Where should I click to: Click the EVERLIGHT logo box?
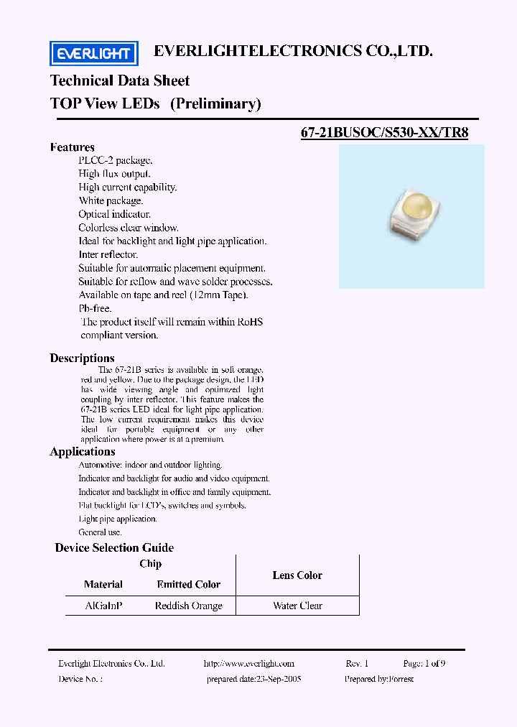pyautogui.click(x=93, y=53)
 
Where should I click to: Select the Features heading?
pyautogui.click(x=72, y=147)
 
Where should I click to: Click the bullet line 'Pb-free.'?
pyautogui.click(x=95, y=308)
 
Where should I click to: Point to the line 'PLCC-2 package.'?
pyautogui.click(x=115, y=160)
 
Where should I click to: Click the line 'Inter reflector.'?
pyautogui.click(x=108, y=254)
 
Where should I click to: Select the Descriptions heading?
pyautogui.click(x=82, y=358)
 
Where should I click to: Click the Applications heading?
pyautogui.click(x=82, y=451)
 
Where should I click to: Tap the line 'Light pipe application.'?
pyautogui.click(x=118, y=519)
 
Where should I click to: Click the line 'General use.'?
pyautogui.click(x=100, y=532)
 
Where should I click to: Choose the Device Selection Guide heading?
pyautogui.click(x=114, y=547)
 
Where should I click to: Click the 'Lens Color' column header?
pyautogui.click(x=297, y=575)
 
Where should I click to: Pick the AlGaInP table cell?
pyautogui.click(x=103, y=606)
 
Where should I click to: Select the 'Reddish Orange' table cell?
pyautogui.click(x=189, y=606)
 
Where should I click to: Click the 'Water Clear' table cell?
pyautogui.click(x=297, y=606)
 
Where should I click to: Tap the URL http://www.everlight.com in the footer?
pyautogui.click(x=249, y=664)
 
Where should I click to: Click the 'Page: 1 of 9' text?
pyautogui.click(x=424, y=664)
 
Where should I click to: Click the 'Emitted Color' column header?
pyautogui.click(x=189, y=584)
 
